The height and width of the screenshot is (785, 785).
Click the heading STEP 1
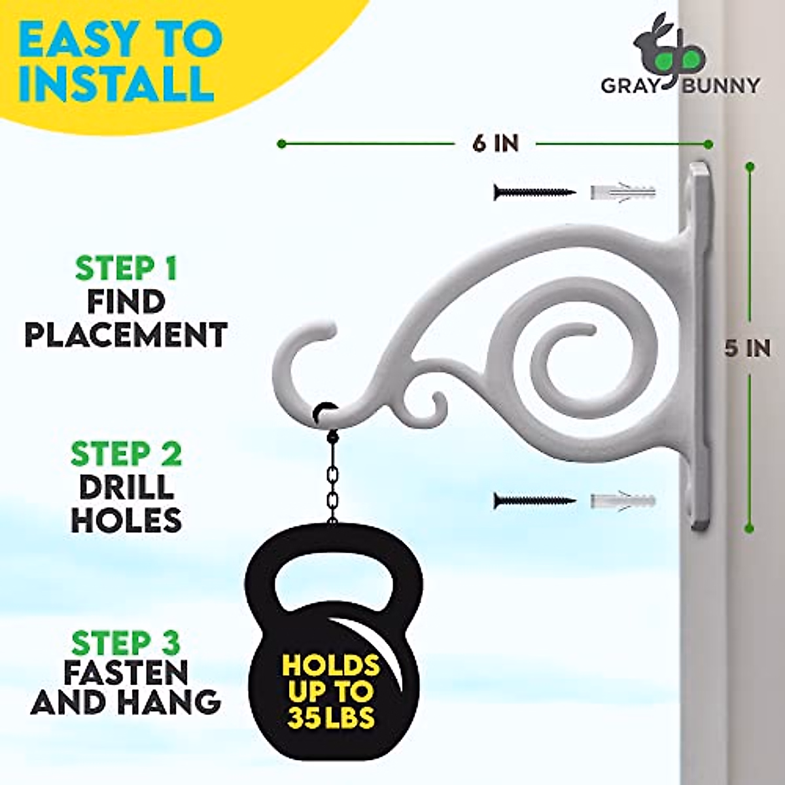[x=126, y=269]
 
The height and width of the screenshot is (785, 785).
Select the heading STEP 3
[x=126, y=644]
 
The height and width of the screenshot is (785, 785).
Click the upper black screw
[x=534, y=192]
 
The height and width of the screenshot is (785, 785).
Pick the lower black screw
[x=534, y=502]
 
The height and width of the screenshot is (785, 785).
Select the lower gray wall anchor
[x=622, y=502]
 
